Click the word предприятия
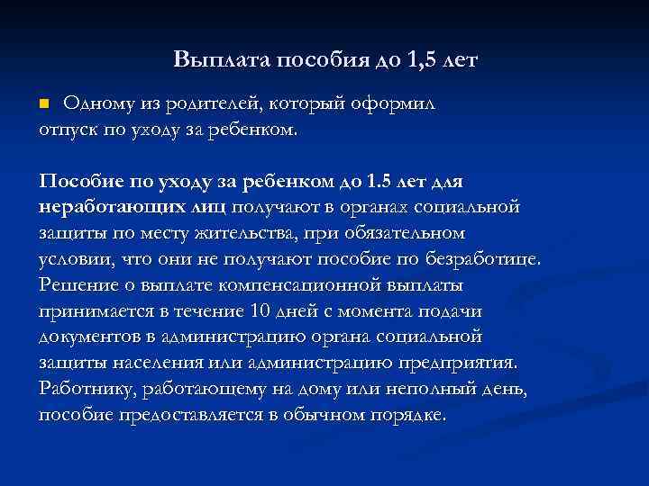tap(466, 364)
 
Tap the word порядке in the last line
tap(408, 416)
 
